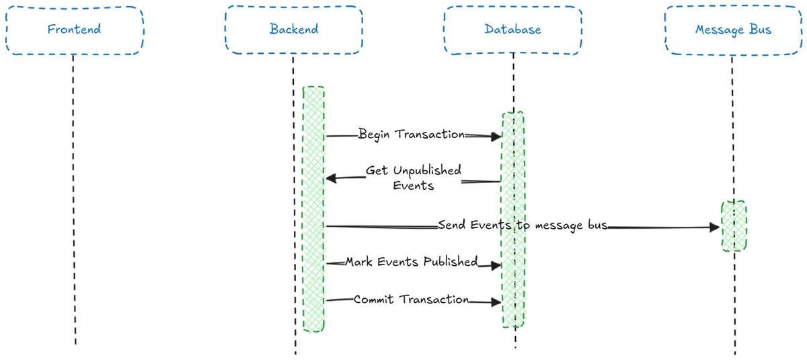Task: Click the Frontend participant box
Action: tap(74, 30)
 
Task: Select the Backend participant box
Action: tap(294, 30)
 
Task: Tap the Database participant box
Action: tap(512, 30)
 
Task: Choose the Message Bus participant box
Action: tap(733, 30)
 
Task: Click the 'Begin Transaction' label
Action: tap(411, 134)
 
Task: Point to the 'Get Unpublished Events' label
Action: tap(413, 178)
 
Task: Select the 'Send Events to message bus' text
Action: tap(522, 225)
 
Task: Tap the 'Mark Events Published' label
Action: tap(411, 262)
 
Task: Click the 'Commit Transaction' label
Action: tap(411, 299)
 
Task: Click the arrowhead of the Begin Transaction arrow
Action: tap(496, 137)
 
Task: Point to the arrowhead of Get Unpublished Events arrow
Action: tap(332, 178)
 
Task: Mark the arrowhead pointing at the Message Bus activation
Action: tap(714, 227)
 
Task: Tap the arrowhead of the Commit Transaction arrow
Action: tap(496, 303)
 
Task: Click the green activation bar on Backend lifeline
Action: tap(313, 209)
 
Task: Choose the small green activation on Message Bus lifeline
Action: tap(734, 225)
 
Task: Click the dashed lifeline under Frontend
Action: tap(74, 202)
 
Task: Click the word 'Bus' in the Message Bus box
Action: tap(761, 30)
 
